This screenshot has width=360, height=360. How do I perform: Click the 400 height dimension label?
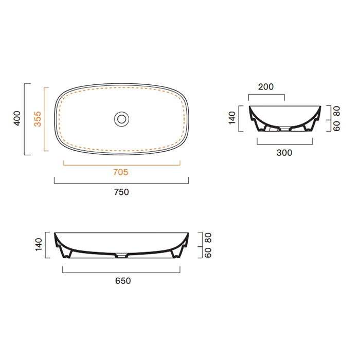pyautogui.click(x=17, y=118)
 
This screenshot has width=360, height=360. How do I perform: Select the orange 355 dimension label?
pyautogui.click(x=38, y=119)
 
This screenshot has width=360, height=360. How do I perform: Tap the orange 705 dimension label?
pyautogui.click(x=120, y=172)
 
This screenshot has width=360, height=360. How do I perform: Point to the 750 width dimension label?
pyautogui.click(x=121, y=192)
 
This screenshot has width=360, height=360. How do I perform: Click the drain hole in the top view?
pyautogui.click(x=122, y=119)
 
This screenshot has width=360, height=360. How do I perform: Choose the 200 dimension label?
pyautogui.click(x=266, y=87)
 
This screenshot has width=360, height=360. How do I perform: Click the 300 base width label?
pyautogui.click(x=284, y=153)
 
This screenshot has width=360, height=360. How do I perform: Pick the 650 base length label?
pyautogui.click(x=123, y=281)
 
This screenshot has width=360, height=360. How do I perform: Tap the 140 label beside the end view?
pyautogui.click(x=232, y=118)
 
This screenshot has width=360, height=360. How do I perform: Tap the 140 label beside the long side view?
pyautogui.click(x=39, y=244)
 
